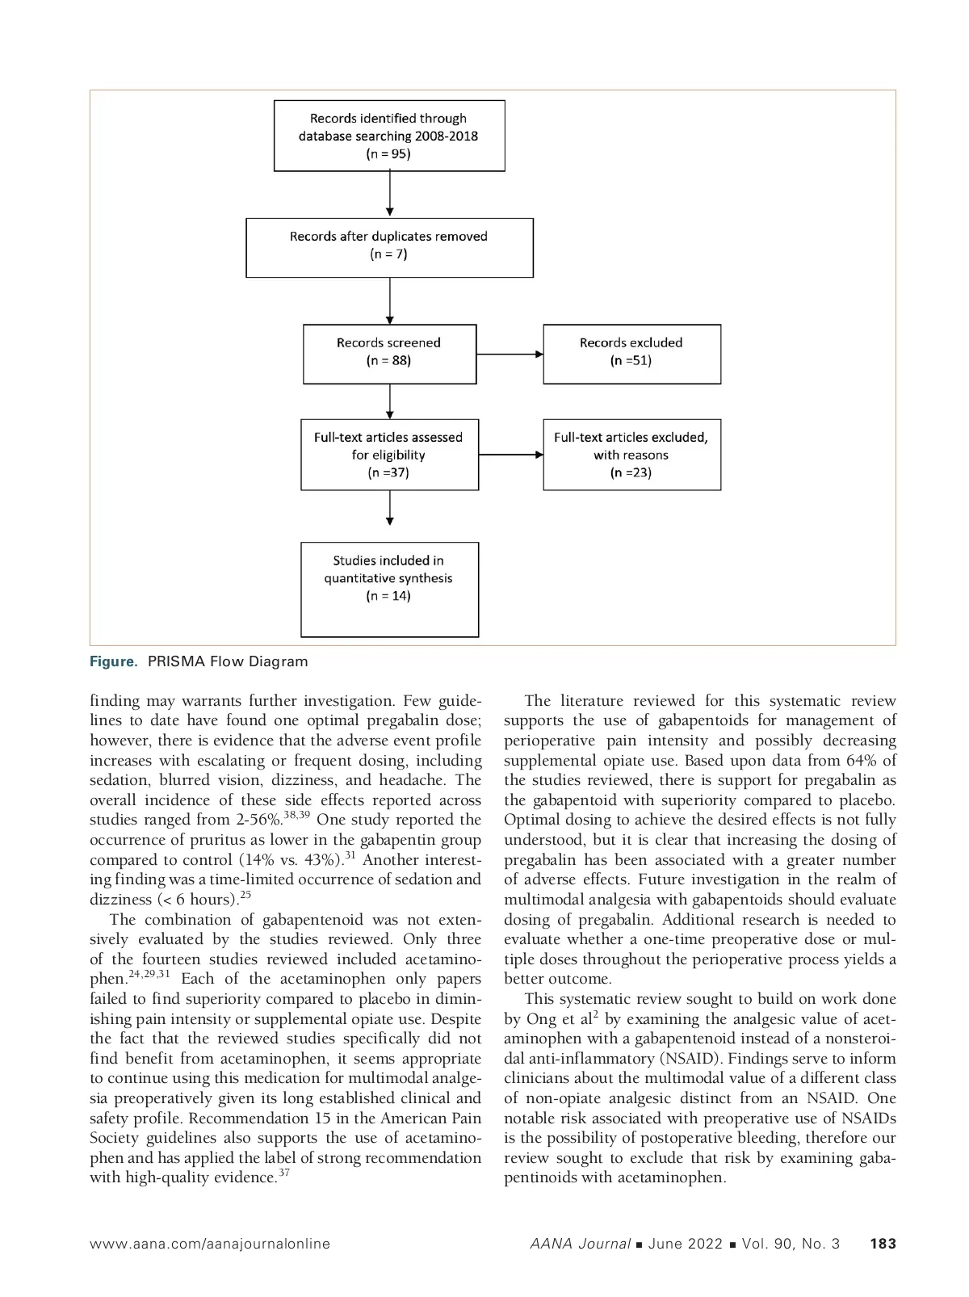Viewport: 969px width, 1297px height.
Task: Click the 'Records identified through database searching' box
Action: tap(388, 136)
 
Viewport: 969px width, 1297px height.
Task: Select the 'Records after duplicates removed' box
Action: tap(388, 247)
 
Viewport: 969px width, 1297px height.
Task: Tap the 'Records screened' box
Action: tap(388, 354)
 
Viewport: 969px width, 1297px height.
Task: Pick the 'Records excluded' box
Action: tap(631, 354)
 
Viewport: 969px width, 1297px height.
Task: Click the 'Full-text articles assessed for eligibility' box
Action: tap(388, 454)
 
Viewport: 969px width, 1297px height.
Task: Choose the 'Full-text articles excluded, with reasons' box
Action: tap(631, 454)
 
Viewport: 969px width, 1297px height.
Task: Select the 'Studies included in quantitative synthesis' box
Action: tap(388, 589)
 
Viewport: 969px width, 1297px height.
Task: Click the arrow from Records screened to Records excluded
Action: tap(510, 354)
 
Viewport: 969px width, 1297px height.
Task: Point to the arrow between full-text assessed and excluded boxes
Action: tap(510, 455)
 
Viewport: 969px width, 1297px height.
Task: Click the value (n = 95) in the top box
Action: tap(388, 153)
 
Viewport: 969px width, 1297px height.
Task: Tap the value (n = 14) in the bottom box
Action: tap(388, 596)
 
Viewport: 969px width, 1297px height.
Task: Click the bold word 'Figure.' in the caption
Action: tap(114, 661)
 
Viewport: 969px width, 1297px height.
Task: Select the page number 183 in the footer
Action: tap(883, 1244)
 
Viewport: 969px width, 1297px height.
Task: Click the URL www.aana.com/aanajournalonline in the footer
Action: tap(210, 1244)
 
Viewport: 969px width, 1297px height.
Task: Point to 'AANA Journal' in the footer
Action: tap(580, 1244)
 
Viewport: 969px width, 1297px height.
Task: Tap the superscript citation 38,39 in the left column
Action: tap(296, 815)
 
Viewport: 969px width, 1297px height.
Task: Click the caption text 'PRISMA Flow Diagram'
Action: tap(228, 661)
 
